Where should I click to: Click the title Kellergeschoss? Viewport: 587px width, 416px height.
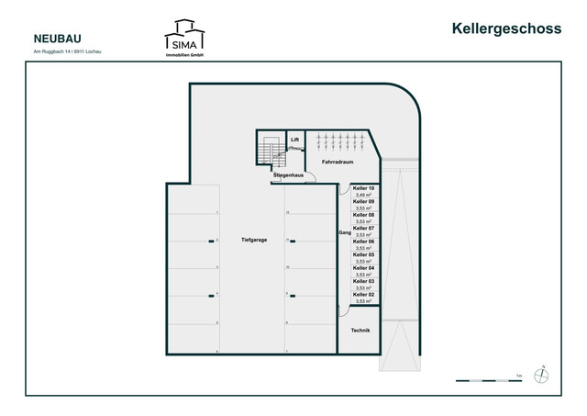click(x=506, y=28)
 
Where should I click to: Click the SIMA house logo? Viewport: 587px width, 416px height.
click(x=184, y=37)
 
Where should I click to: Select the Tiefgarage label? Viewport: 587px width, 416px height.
click(x=254, y=240)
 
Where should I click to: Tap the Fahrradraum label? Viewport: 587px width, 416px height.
click(x=338, y=162)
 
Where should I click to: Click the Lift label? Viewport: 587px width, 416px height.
click(x=295, y=141)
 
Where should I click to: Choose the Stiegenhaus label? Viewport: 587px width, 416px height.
click(x=288, y=174)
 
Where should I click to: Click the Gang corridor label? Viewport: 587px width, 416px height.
click(x=345, y=234)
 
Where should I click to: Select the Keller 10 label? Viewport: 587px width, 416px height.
click(x=363, y=188)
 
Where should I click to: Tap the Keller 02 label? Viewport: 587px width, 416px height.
click(x=363, y=294)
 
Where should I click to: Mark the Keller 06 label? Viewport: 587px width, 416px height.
click(x=363, y=242)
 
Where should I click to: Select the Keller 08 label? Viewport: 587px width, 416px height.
click(x=363, y=215)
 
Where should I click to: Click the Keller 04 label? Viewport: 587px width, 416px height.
click(x=363, y=267)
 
